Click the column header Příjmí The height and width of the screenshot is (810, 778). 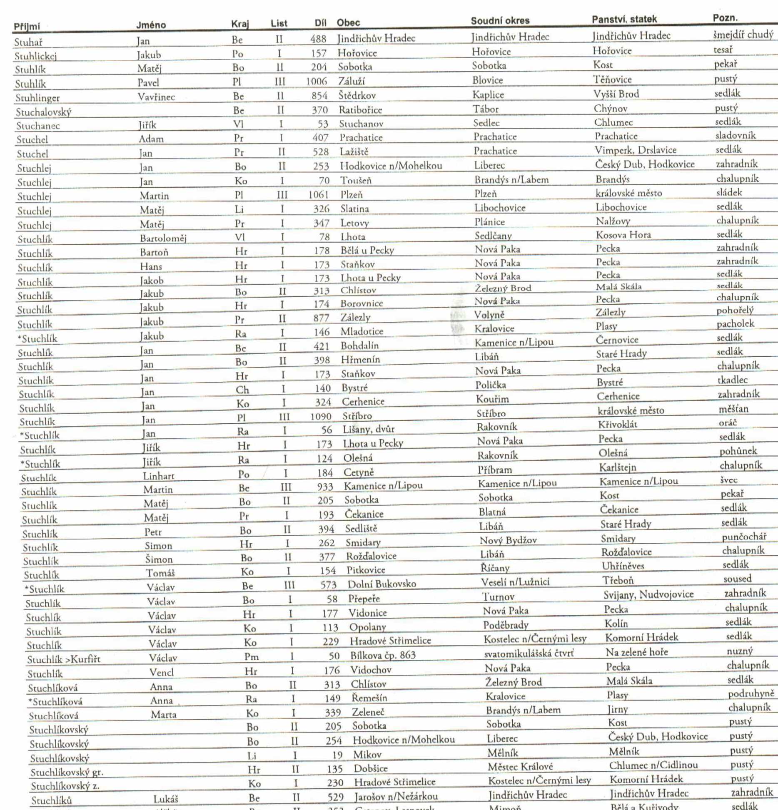27,27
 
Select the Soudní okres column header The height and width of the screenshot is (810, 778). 500,21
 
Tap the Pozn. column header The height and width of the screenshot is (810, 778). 725,18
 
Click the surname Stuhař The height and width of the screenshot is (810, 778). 28,42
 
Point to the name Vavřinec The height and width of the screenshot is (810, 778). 156,97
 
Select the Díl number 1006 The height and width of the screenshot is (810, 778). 317,81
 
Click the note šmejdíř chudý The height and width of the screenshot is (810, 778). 743,35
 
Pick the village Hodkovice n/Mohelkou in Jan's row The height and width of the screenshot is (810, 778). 391,166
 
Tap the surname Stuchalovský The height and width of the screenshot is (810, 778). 44,112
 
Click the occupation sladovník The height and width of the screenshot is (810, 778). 736,135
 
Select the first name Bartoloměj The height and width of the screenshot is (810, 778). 163,239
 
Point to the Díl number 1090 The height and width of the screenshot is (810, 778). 321,416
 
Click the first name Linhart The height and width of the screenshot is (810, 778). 159,476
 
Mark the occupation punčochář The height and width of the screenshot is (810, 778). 744,537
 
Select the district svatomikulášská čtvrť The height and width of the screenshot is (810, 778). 529,653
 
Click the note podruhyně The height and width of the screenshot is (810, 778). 751,693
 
